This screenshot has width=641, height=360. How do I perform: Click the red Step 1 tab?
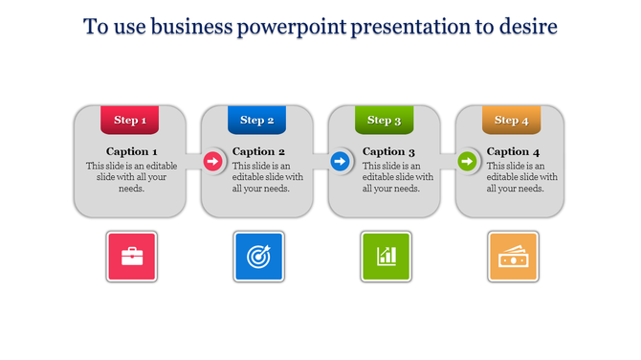(130, 120)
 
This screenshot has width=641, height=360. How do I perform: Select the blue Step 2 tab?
(257, 120)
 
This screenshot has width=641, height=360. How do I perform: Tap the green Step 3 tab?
(385, 120)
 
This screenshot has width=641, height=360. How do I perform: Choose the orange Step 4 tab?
(512, 120)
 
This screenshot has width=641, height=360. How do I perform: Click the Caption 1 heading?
(132, 151)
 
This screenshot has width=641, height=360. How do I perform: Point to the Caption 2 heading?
(259, 151)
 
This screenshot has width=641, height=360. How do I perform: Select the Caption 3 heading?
(388, 151)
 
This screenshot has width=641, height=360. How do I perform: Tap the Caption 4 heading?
(513, 151)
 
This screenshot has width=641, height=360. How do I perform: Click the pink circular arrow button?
(212, 162)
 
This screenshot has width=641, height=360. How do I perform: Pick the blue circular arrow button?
(340, 162)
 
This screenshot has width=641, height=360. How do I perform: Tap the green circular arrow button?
(467, 162)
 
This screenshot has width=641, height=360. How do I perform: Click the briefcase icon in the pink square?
(132, 257)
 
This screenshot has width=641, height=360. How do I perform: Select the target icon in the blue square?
(259, 257)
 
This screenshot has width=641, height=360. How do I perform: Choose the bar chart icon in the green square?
(387, 257)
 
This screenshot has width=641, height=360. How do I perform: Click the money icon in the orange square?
(514, 257)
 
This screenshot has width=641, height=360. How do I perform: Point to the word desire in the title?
(527, 27)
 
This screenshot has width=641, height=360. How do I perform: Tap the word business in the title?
(184, 27)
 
